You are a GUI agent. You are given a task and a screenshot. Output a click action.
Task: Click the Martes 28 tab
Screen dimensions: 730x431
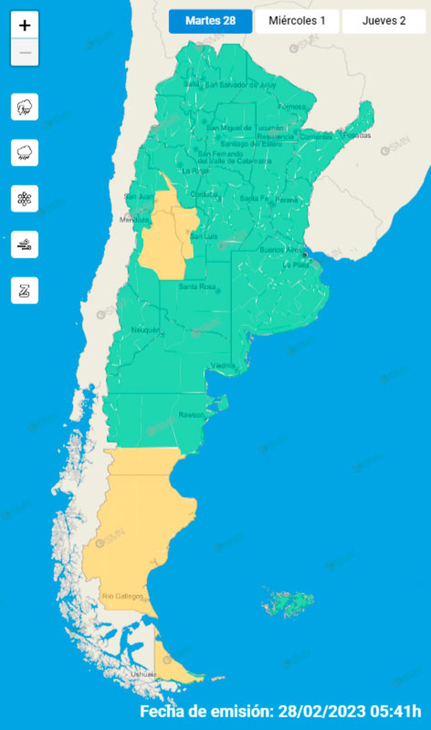coord(210,21)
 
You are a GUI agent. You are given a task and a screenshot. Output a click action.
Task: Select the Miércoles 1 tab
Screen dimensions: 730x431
coord(297,21)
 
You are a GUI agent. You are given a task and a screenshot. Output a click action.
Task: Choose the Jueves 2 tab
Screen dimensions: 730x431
coord(384,21)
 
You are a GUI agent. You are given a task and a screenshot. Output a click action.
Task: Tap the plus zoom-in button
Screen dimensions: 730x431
coord(24,25)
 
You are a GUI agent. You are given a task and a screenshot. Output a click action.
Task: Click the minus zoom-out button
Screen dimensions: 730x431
coord(24,52)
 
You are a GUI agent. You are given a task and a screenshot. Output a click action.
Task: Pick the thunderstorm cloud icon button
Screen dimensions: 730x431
coord(24,107)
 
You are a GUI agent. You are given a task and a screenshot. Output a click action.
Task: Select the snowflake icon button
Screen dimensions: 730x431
coord(24,199)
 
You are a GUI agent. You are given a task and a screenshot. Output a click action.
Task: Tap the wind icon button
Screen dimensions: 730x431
coord(24,245)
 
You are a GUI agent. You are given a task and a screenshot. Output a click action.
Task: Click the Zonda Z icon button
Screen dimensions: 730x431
coord(24,291)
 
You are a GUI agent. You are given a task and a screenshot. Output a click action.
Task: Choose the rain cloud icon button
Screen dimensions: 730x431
coord(24,153)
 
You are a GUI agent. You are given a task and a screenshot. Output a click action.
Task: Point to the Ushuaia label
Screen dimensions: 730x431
coord(143,674)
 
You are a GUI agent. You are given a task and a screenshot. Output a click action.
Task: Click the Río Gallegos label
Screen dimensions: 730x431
coord(122,596)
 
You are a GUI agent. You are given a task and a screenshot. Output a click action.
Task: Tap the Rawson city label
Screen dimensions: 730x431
coord(191,415)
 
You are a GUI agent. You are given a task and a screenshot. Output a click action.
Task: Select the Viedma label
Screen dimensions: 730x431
coord(223,365)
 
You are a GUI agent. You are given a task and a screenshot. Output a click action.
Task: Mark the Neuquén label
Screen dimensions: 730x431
coord(145,330)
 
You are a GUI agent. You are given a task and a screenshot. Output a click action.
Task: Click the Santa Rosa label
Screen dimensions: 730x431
coord(197,286)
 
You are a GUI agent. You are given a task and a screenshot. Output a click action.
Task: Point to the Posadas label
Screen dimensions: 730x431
coord(357,135)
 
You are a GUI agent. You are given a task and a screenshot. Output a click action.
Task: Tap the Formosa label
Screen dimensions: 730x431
coord(292,107)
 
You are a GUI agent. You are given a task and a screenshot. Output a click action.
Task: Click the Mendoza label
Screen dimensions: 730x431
coord(134,220)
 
